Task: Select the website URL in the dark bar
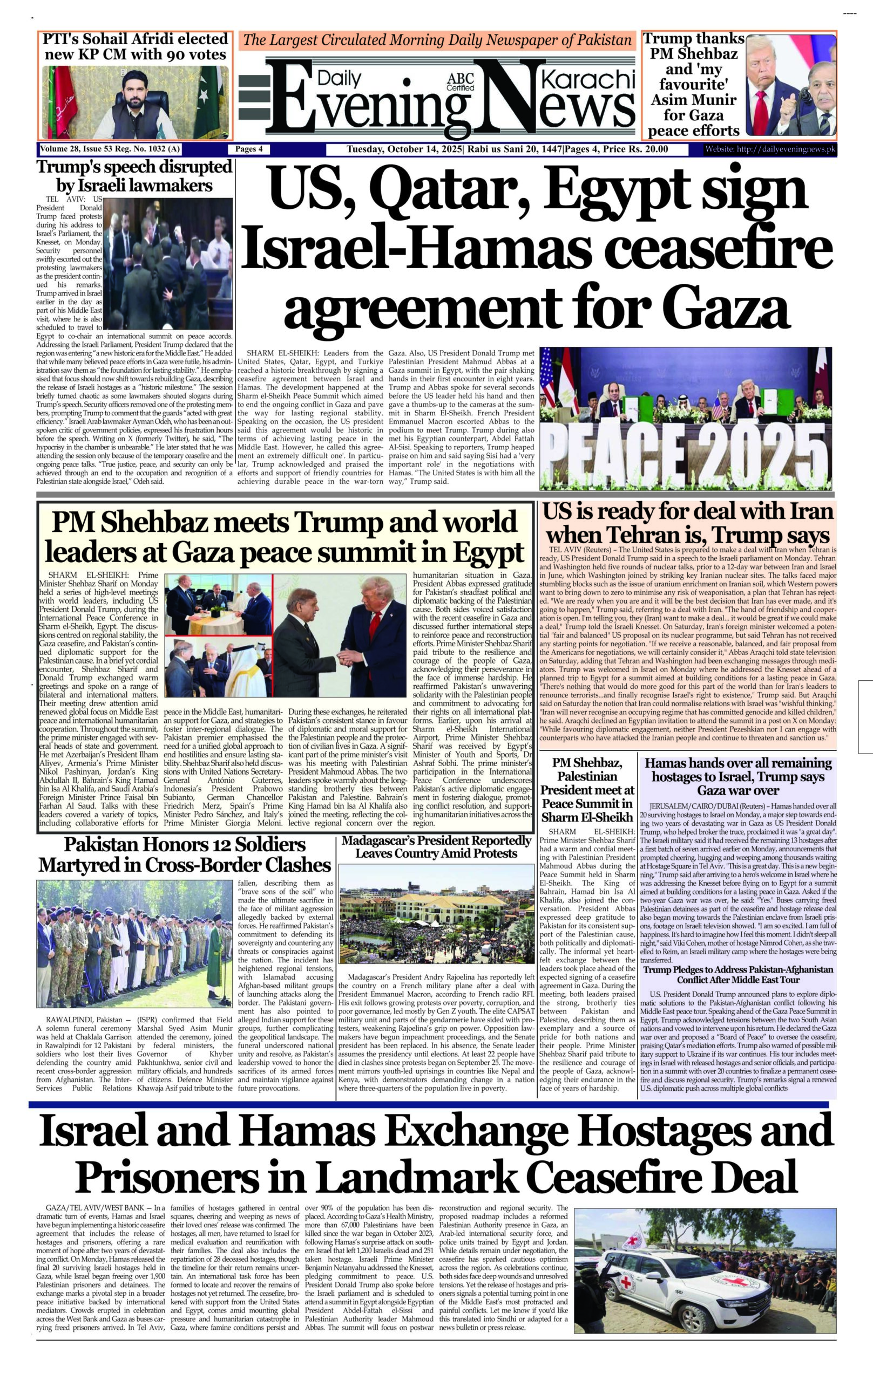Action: [770, 149]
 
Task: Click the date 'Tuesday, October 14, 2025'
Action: [404, 149]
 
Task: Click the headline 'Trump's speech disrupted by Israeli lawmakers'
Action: [134, 176]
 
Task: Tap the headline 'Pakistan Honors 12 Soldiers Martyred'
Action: [185, 854]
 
